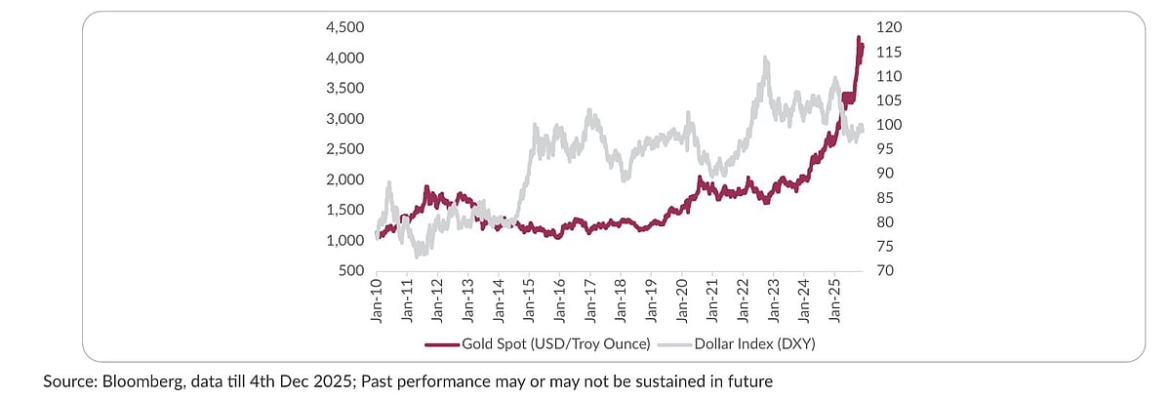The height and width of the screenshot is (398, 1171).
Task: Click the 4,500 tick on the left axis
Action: (344, 27)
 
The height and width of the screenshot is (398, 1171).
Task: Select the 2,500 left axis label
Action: (344, 149)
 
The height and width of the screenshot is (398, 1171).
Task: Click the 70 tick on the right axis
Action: (883, 270)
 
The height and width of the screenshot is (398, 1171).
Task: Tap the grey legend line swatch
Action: (673, 344)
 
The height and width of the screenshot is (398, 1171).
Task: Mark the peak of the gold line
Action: (859, 38)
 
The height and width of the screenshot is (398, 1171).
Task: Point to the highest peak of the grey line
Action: (766, 59)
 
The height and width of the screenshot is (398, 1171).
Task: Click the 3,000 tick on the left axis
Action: (344, 119)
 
